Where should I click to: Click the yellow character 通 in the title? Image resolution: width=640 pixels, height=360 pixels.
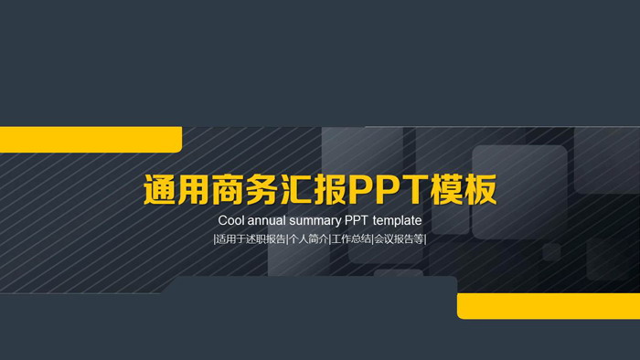159,189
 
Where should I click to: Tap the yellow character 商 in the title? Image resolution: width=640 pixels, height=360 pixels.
229,189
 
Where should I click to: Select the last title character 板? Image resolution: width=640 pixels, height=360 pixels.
480,189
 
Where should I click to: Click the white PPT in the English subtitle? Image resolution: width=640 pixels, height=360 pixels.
357,220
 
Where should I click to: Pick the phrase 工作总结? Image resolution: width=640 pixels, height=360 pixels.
352,239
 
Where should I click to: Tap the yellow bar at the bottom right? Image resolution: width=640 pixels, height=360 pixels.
548,306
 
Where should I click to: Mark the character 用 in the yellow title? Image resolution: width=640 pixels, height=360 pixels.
194,189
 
